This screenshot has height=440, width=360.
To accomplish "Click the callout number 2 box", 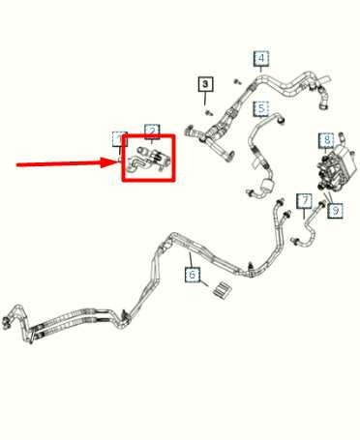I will [152, 131].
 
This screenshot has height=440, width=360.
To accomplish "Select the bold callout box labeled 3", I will [205, 85].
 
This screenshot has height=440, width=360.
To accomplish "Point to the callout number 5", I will [261, 108].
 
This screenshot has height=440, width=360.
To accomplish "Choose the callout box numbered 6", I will [193, 276].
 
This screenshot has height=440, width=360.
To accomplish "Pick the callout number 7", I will [304, 201].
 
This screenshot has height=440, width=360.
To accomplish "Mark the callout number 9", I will [334, 209].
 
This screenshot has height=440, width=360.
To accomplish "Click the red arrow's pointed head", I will [114, 164].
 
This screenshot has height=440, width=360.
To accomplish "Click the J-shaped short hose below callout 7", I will [312, 224].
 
